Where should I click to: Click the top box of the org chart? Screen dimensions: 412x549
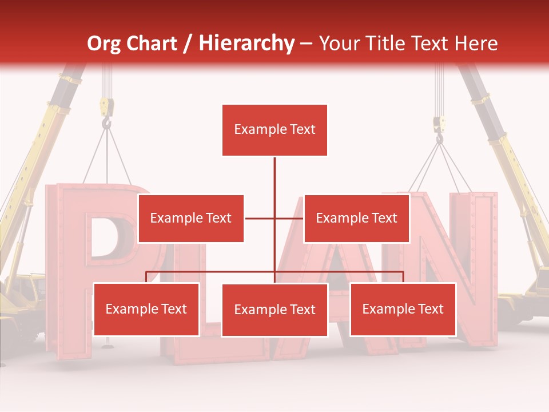[x=274, y=130]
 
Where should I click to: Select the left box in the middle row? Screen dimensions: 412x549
[x=190, y=218]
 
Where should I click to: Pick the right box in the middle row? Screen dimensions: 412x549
[x=356, y=218]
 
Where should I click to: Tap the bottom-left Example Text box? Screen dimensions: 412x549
[x=146, y=309]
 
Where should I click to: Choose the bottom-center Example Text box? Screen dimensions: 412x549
[x=274, y=310]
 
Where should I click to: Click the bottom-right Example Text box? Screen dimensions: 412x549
[x=403, y=309]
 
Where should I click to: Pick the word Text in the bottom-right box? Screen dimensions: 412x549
[x=431, y=309]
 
